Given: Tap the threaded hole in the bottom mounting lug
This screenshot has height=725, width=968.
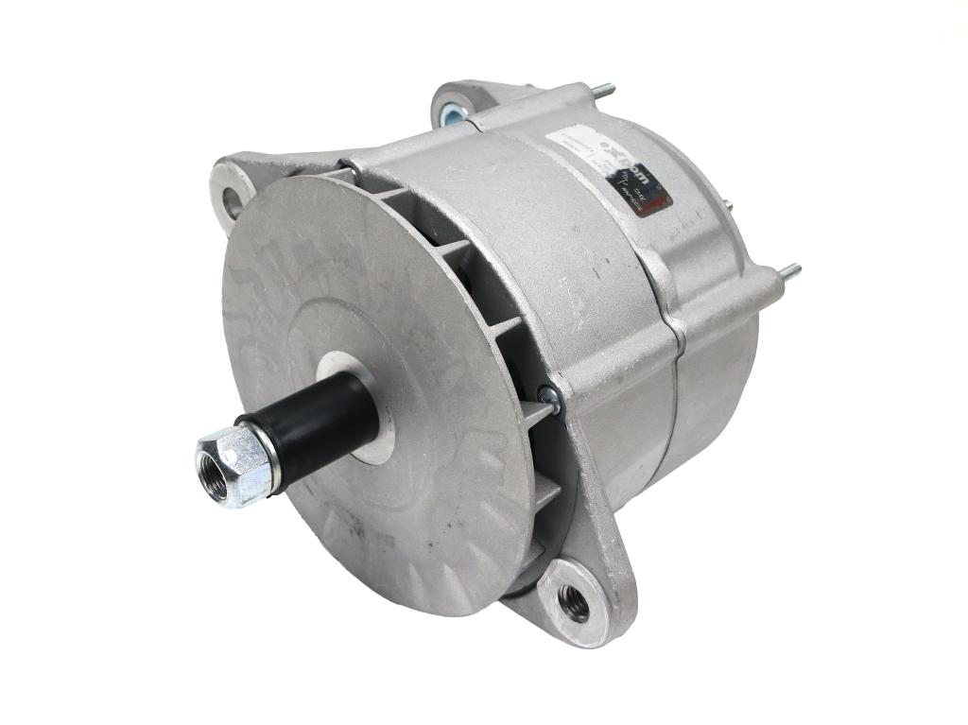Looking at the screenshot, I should click(573, 601).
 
